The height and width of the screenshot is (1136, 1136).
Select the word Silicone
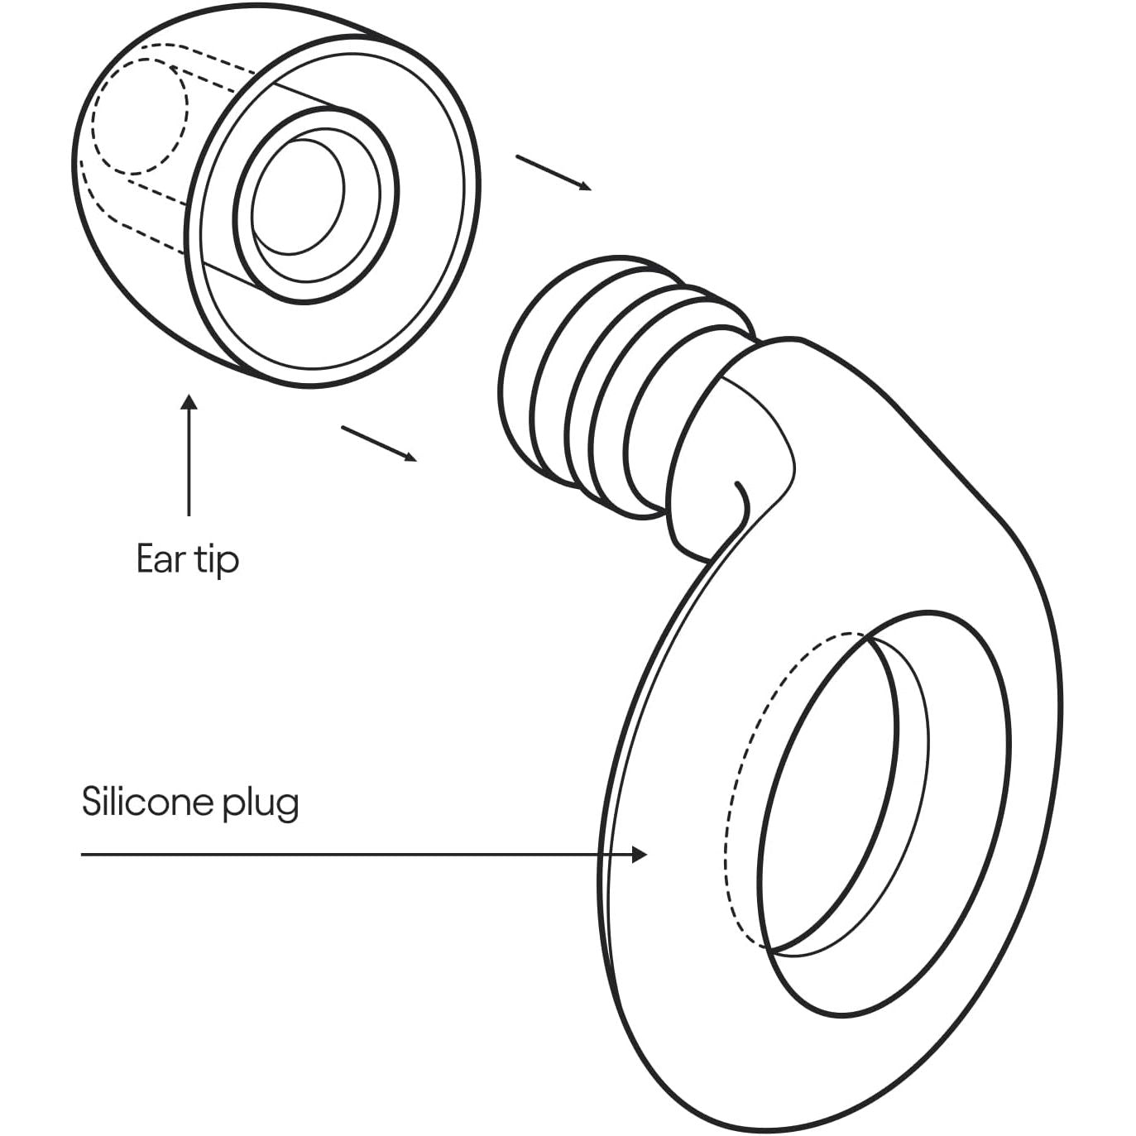141,801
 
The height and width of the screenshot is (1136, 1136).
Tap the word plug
262,804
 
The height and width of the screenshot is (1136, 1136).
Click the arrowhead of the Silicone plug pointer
640,854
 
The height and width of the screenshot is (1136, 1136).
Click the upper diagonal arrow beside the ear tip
553,172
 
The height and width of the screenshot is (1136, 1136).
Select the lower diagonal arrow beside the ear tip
378,443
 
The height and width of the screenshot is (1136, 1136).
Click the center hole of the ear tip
298,197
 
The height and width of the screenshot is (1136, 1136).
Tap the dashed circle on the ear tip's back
139,116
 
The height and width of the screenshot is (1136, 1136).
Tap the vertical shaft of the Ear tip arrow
189,463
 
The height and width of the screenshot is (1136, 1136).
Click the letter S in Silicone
92,801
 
